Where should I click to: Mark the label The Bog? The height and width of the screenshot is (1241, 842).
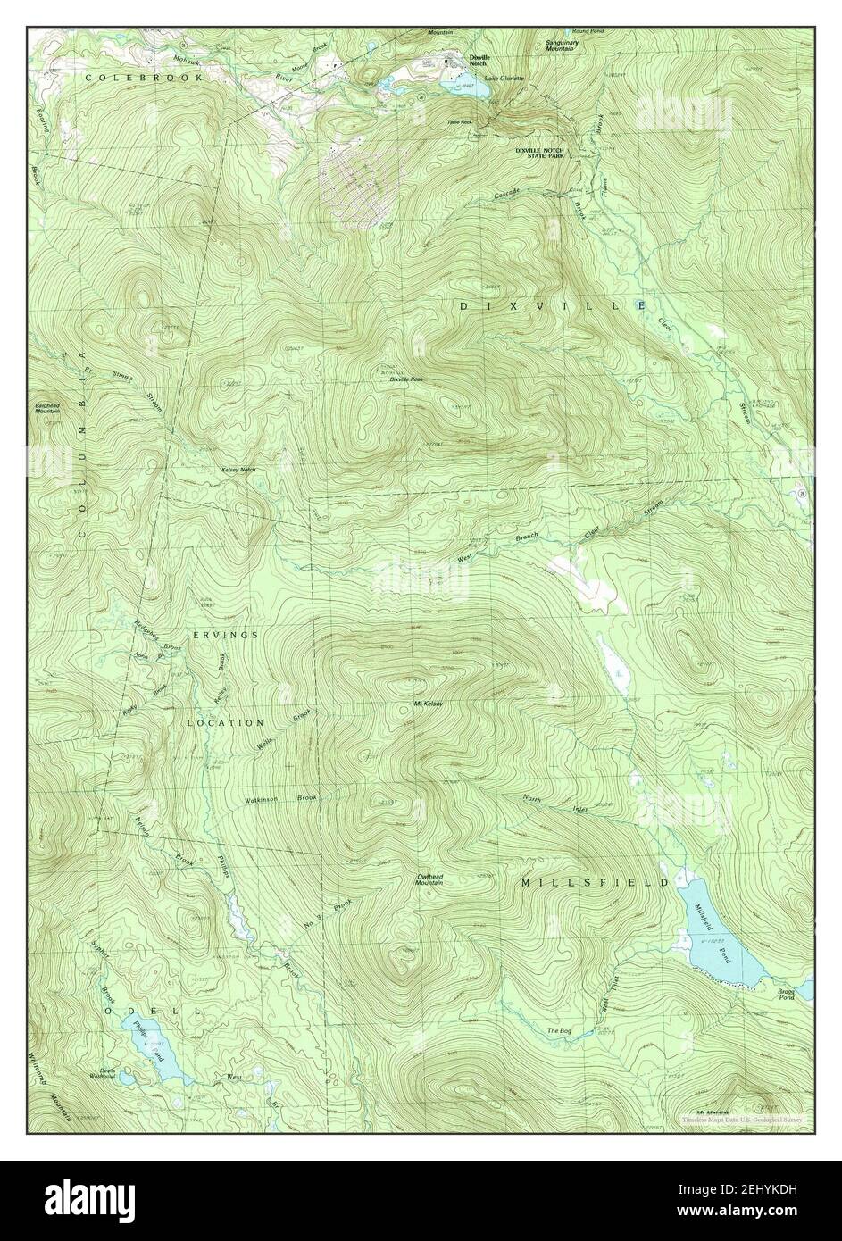click(559, 1031)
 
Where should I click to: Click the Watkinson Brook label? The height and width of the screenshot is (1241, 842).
click(281, 800)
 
